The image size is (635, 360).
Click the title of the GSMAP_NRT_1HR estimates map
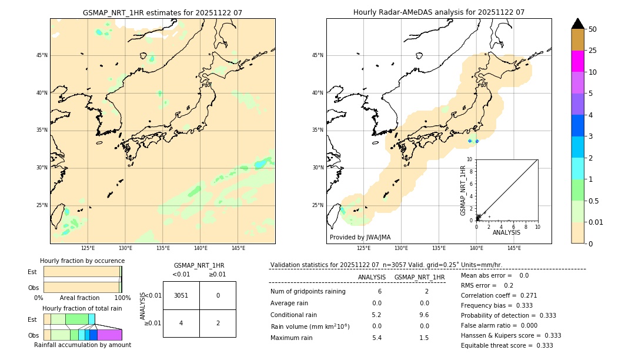tap(162, 12)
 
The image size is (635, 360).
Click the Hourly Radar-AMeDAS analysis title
tap(439, 12)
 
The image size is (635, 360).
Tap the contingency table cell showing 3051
tap(181, 295)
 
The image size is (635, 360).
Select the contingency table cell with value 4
tap(181, 323)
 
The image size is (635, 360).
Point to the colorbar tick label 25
tap(593, 51)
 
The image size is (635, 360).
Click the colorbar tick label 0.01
tap(596, 222)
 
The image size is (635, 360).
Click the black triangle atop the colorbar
tap(578, 24)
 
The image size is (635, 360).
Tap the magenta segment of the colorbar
tap(578, 61)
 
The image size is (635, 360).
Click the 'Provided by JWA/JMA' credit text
tap(360, 237)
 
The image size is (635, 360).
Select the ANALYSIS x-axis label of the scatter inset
tap(506, 232)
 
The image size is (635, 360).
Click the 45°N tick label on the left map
tap(42, 55)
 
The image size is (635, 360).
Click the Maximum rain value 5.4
tap(376, 338)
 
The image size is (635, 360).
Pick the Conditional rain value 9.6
tap(424, 315)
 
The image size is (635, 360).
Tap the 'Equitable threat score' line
tap(507, 345)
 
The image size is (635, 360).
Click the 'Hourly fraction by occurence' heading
tap(82, 261)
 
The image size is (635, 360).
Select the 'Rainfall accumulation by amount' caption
tap(82, 345)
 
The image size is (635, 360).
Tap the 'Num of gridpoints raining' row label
tap(308, 292)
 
